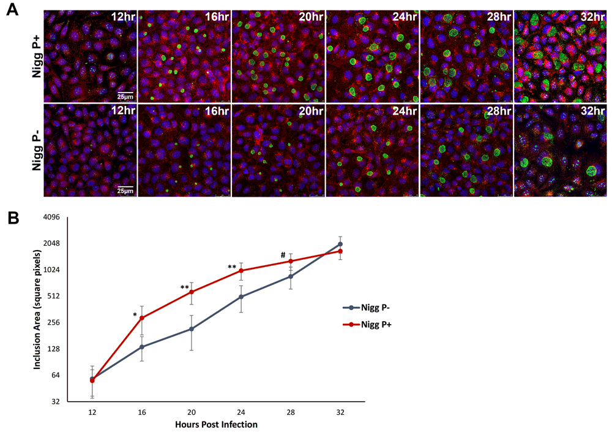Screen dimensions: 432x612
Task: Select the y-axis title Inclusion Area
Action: [38, 309]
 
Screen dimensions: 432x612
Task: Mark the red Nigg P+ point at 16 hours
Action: [142, 317]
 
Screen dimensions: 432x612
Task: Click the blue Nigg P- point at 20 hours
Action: [192, 329]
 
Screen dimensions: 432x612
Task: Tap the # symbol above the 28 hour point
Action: [283, 256]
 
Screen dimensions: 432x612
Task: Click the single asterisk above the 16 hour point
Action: [135, 315]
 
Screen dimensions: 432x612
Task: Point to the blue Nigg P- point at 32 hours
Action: [340, 244]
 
